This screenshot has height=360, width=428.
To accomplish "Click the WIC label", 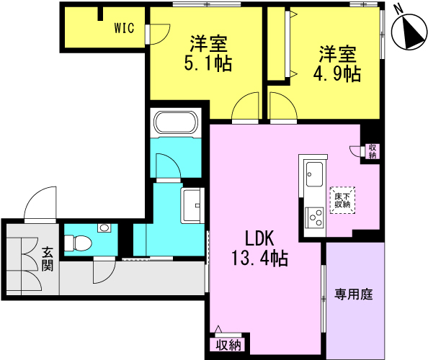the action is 124,28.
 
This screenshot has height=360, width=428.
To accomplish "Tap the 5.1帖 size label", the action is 208,63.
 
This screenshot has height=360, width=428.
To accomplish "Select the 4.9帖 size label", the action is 336,73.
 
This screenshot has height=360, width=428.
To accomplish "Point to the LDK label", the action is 259,238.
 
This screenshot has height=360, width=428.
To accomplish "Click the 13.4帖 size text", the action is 259,258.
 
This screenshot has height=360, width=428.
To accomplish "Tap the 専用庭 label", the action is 354,294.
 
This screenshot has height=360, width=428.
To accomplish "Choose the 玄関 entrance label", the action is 48,258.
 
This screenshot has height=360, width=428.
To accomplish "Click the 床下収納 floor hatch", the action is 342,200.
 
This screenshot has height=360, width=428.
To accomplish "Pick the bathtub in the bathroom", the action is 176,123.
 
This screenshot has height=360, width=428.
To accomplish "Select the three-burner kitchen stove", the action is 314,217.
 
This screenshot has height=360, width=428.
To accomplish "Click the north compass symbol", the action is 409,32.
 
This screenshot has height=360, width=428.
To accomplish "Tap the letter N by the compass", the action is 399,10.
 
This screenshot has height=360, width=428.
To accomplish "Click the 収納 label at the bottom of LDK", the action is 228,346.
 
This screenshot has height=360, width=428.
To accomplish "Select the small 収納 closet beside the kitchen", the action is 373,152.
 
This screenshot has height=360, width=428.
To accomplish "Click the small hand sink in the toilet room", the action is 104,228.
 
